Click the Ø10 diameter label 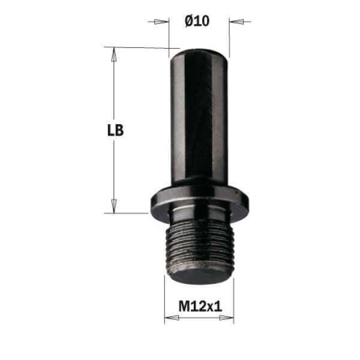point(197,21)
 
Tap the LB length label point(115,130)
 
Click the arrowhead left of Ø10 point(161,22)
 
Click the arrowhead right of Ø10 point(236,22)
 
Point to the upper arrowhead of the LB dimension point(113,55)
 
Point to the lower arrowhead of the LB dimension point(113,206)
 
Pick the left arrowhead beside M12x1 point(172,318)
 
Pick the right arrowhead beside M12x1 point(226,318)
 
